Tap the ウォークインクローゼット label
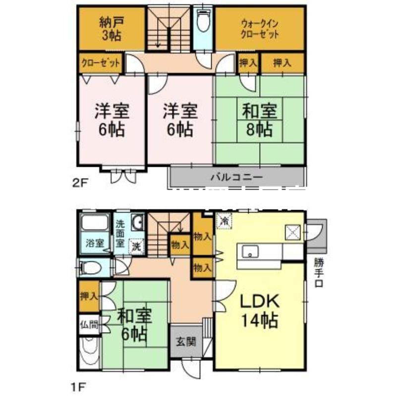(259, 28)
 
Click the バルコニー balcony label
(236, 176)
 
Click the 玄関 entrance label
(186, 341)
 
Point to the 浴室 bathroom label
(94, 243)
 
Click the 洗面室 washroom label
(120, 233)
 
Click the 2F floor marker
(80, 182)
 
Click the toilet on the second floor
(203, 22)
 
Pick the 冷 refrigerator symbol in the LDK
(224, 221)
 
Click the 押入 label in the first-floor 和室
(89, 297)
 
